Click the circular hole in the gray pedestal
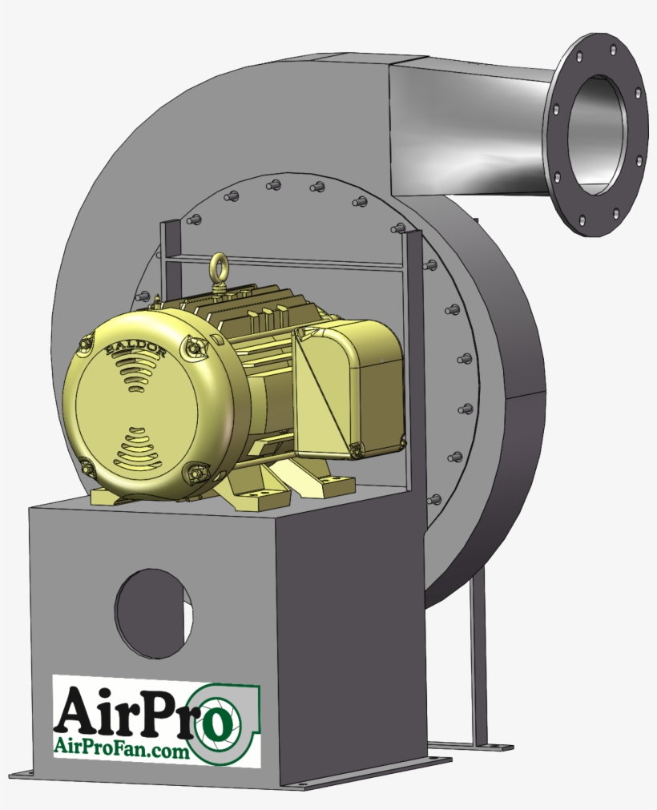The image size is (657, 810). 153,613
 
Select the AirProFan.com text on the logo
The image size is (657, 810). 121,748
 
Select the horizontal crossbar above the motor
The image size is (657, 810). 288,263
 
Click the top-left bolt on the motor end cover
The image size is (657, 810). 85,345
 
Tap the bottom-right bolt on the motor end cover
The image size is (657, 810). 195,474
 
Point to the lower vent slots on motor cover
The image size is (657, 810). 138,453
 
